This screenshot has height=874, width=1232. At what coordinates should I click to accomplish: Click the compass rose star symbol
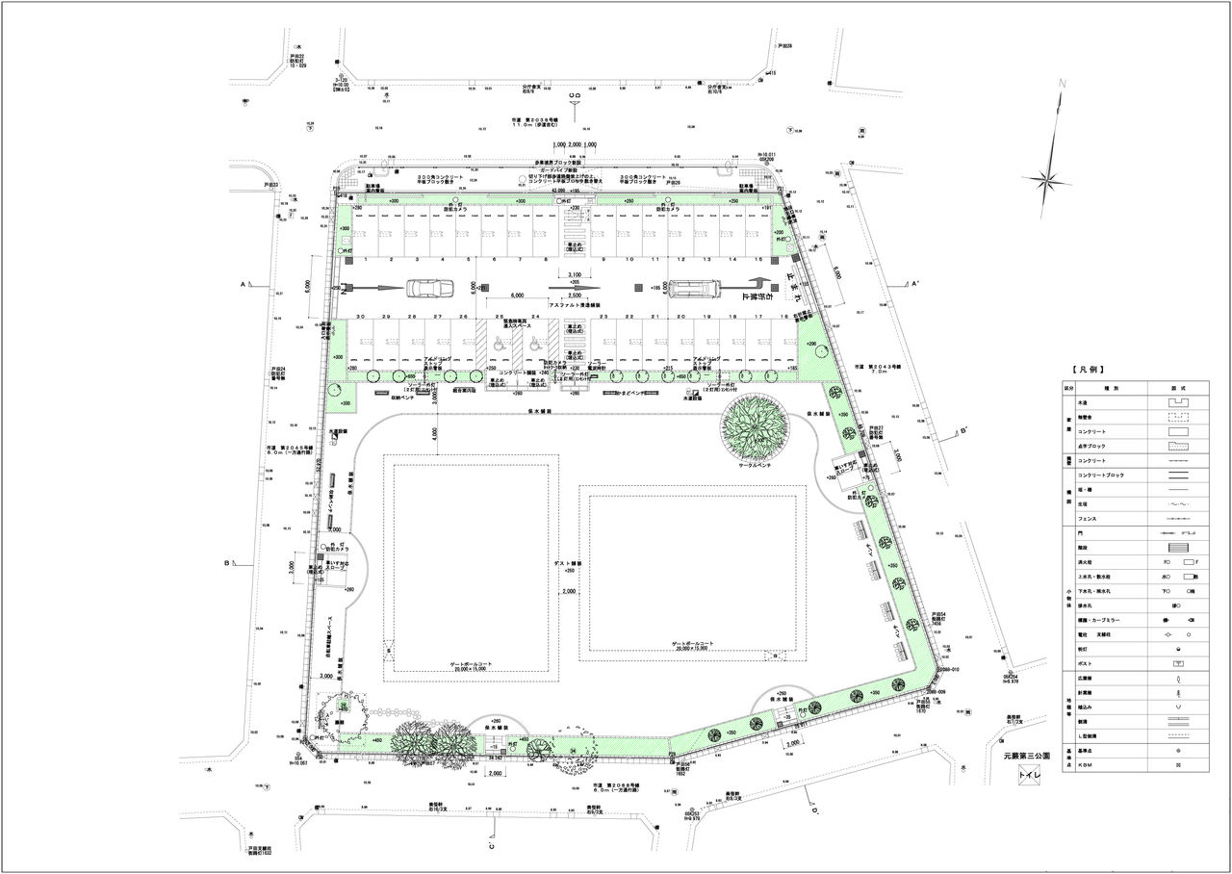tap(1047, 179)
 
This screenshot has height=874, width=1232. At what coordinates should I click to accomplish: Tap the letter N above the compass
tap(1063, 84)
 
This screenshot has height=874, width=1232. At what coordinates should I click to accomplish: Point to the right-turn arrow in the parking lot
tap(757, 286)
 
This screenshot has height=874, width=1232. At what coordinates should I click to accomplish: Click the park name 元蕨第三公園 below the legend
tap(1029, 757)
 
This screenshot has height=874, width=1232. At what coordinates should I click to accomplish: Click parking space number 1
tap(366, 261)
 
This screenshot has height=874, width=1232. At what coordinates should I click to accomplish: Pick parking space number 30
tap(359, 317)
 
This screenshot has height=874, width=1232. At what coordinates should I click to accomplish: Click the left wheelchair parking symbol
tap(499, 344)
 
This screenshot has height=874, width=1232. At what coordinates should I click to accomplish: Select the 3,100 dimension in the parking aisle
tap(575, 276)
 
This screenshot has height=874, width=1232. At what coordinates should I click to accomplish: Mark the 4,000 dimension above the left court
tap(434, 435)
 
